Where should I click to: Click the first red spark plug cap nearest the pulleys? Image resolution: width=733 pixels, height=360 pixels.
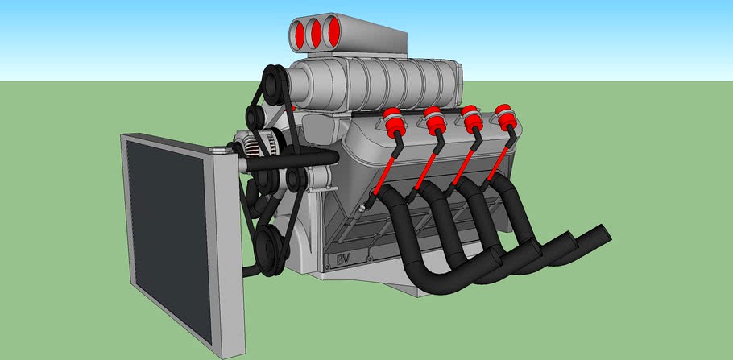394,121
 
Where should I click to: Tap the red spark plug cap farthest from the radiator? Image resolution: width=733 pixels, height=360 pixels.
505,115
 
